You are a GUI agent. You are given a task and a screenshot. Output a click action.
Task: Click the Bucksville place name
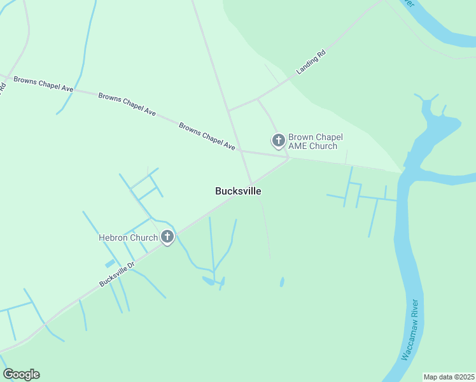[238, 191]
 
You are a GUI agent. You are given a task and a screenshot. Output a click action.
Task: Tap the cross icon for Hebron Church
[167, 237]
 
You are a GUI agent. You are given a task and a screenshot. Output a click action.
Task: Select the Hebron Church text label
[128, 238]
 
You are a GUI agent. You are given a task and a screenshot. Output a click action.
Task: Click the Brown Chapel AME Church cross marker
[278, 140]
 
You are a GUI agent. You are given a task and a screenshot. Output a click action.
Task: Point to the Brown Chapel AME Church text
[315, 141]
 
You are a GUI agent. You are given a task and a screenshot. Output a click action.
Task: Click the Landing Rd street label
[311, 64]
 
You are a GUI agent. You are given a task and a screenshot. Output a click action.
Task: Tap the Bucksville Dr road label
[117, 274]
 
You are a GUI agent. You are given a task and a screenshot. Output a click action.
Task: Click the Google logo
[21, 374]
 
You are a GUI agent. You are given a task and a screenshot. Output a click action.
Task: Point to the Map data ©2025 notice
[449, 377]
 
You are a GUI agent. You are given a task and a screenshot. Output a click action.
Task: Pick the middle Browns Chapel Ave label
[127, 104]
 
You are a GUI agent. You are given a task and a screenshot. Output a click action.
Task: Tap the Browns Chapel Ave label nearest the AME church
[207, 136]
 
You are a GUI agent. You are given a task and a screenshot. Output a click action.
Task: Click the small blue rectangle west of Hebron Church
[110, 263]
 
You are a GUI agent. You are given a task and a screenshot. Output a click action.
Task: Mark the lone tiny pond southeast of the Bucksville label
[282, 281]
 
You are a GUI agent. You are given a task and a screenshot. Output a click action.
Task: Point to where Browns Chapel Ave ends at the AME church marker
[288, 157]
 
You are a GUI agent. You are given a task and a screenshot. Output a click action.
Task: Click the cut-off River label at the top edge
[410, 3]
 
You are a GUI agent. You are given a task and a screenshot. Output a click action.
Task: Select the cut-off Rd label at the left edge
[3, 87]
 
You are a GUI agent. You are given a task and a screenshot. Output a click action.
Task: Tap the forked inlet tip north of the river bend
[426, 99]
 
